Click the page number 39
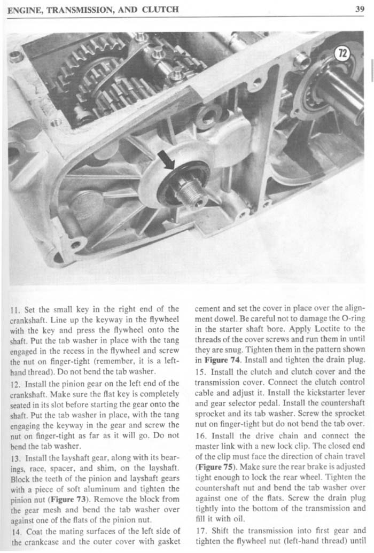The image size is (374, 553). point(359,9)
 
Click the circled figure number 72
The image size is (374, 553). point(342,53)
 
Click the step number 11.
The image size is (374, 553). point(15,309)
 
